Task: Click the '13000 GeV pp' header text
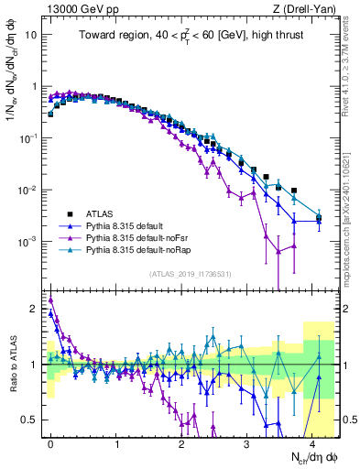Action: (80, 9)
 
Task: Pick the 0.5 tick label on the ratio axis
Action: (31, 420)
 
